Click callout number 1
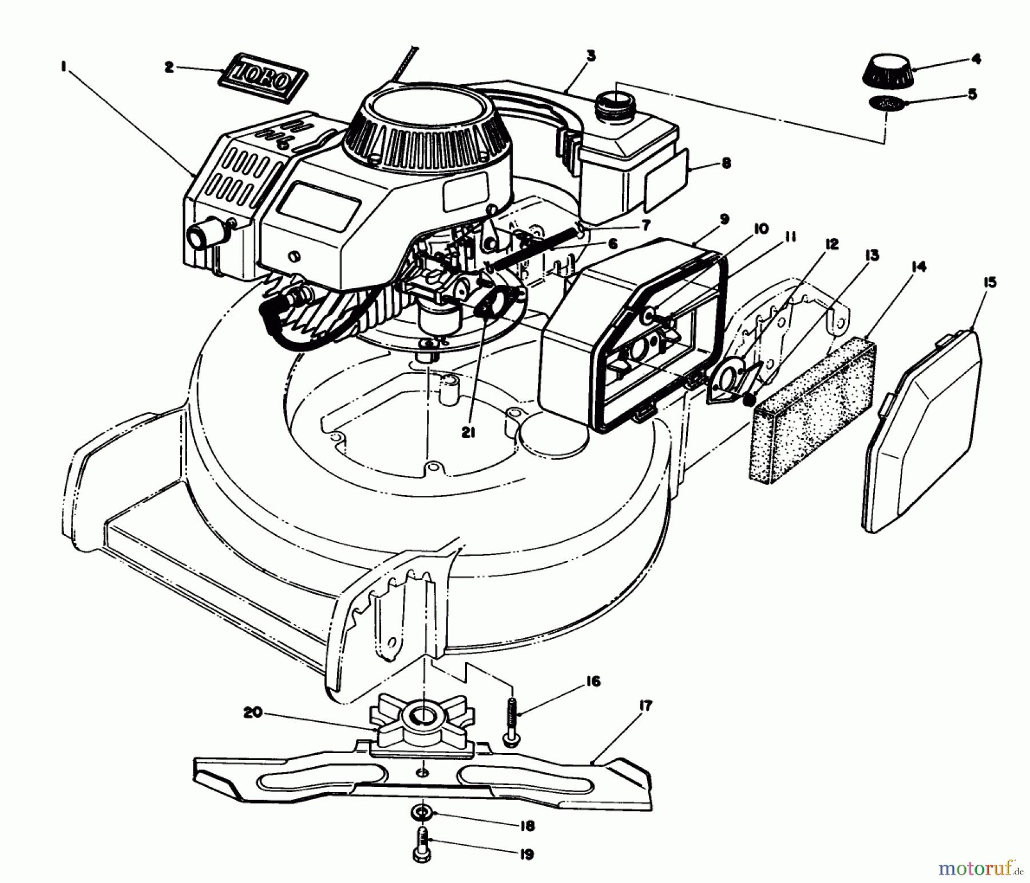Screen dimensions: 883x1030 click(x=62, y=67)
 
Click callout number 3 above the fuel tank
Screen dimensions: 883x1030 click(x=591, y=55)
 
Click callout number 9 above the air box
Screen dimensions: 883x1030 click(x=724, y=219)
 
